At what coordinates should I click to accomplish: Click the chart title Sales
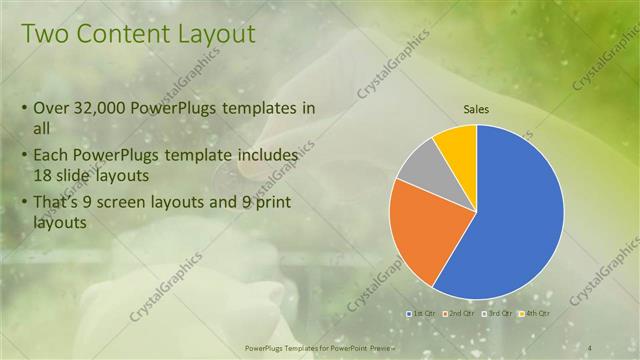(476, 109)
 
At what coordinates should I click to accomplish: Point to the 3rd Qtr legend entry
(495, 313)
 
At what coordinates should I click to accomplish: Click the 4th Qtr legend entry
(534, 313)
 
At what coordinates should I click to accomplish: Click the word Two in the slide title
(44, 36)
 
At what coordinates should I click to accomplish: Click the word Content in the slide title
(118, 36)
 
